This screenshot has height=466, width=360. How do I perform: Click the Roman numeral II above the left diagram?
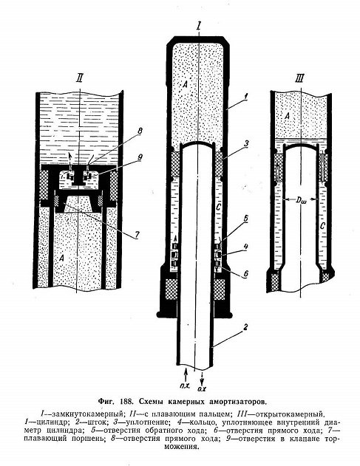(x=80, y=78)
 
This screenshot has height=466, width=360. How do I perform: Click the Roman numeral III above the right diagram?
(x=299, y=78)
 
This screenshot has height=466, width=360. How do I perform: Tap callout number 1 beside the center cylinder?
(x=245, y=96)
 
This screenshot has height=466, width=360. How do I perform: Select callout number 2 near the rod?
(x=245, y=327)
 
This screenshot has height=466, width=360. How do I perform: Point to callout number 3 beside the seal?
(x=246, y=143)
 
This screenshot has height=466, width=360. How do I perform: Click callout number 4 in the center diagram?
(x=245, y=247)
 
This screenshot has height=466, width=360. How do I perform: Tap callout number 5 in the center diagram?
(x=245, y=219)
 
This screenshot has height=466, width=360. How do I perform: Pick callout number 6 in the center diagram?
(x=245, y=273)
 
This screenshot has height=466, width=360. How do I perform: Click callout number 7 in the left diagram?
(x=137, y=235)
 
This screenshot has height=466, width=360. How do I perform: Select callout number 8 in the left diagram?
(x=140, y=131)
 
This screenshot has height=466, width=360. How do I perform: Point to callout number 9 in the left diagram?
(x=140, y=157)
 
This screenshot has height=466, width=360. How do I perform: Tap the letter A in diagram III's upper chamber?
(x=287, y=116)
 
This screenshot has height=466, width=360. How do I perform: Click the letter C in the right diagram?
(x=322, y=227)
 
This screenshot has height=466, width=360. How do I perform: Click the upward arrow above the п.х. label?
(x=186, y=375)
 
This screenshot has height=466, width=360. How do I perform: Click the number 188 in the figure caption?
(x=126, y=401)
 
